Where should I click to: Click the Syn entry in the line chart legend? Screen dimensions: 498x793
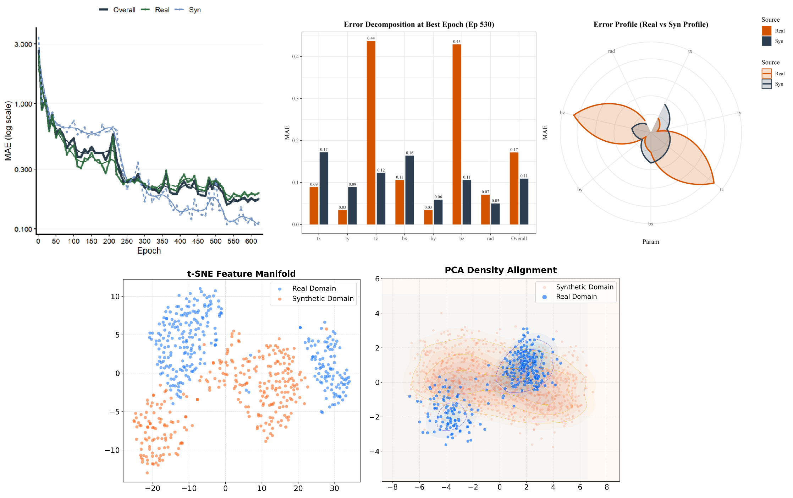194,10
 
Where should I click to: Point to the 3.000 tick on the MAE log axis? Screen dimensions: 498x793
23,44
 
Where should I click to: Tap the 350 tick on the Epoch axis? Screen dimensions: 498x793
162,241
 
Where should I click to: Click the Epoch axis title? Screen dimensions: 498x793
149,251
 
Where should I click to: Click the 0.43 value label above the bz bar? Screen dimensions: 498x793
457,42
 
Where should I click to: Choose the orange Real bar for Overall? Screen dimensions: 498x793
514,188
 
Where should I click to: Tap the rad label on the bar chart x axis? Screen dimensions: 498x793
490,239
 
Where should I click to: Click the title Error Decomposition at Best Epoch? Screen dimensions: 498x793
419,25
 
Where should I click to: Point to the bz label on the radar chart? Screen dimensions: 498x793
562,113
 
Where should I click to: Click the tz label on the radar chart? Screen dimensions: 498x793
722,190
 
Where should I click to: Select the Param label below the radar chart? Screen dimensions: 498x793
651,242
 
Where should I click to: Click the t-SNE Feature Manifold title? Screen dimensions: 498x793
241,274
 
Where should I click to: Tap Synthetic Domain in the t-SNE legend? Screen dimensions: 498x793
323,299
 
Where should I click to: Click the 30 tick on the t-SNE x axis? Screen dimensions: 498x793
334,488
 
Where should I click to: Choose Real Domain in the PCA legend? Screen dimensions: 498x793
576,297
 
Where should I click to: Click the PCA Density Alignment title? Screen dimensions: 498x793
500,270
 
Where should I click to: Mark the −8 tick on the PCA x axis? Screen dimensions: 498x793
392,487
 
